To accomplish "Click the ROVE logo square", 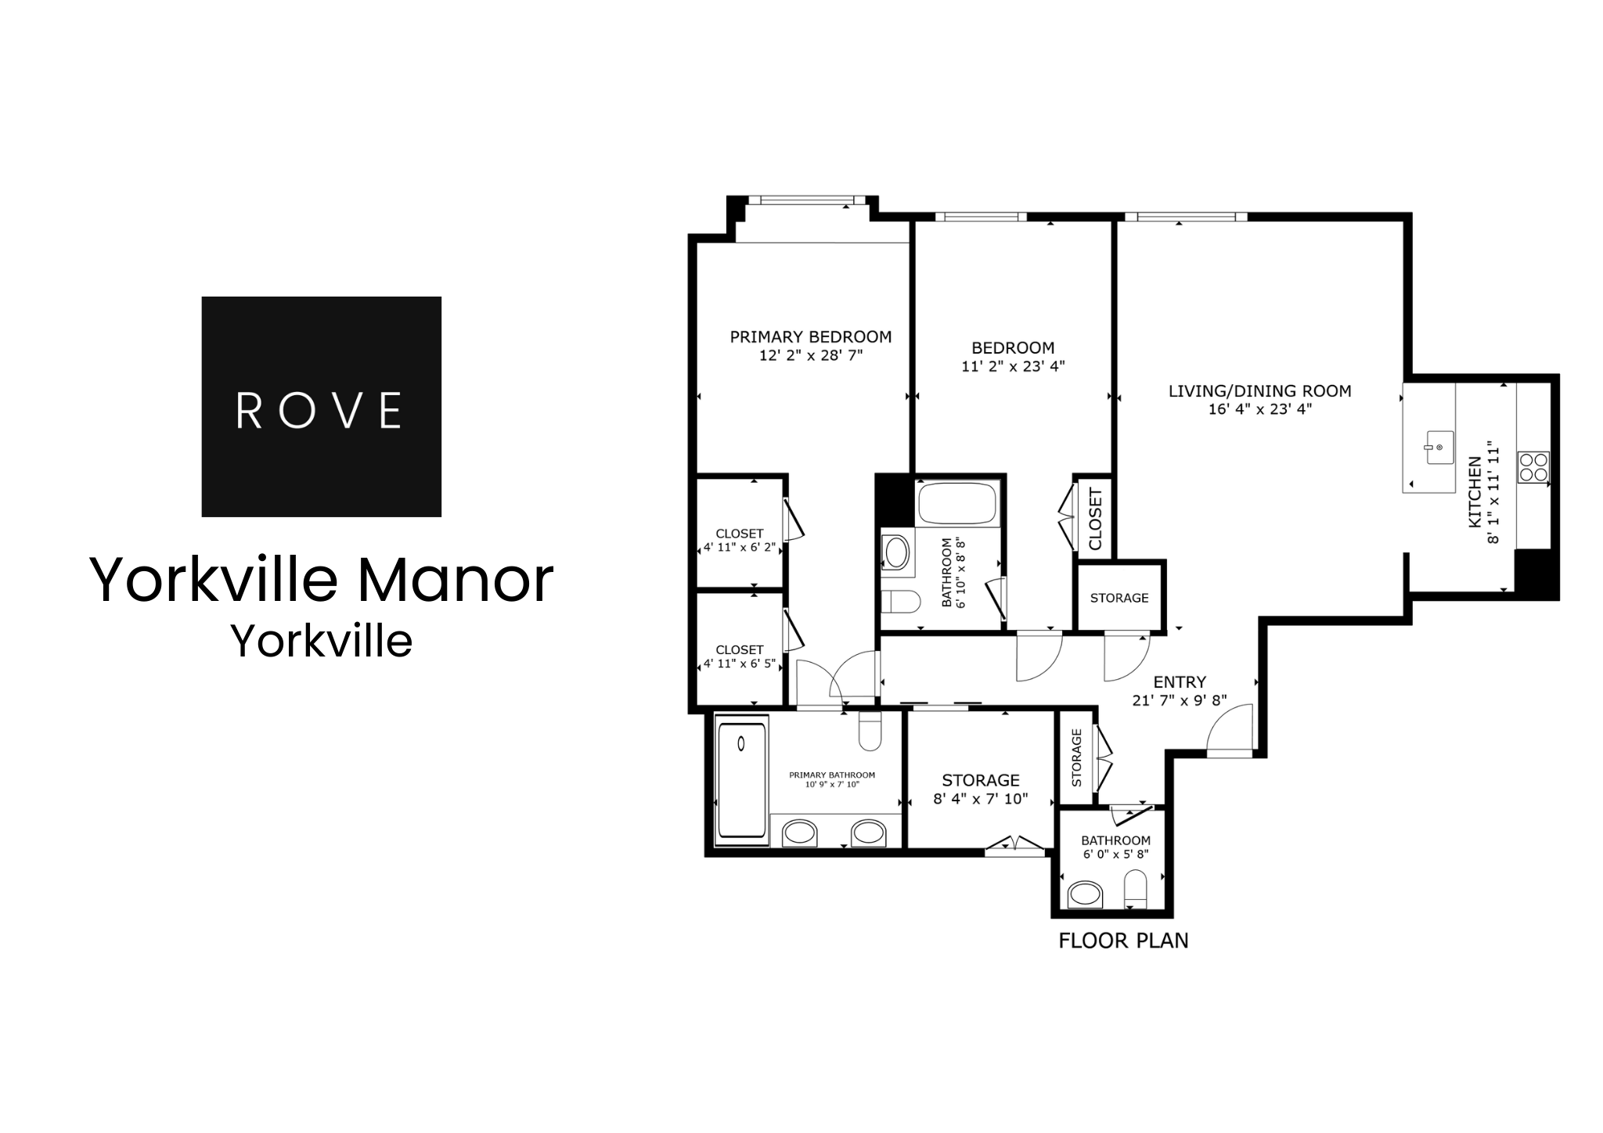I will (x=321, y=406).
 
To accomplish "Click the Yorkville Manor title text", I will (x=322, y=580).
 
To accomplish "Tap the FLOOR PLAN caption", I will (x=1123, y=941).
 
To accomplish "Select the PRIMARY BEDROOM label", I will (x=811, y=337).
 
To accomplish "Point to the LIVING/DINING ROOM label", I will (x=1259, y=391).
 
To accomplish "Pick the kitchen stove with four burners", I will (x=1533, y=467).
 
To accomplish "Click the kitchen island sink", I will (x=1439, y=448).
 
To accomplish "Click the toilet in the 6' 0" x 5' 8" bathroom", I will (x=1135, y=891).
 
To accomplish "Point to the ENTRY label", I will (x=1180, y=682).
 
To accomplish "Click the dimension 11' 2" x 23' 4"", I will (x=1013, y=365).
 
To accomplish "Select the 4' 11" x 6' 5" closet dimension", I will (x=740, y=664).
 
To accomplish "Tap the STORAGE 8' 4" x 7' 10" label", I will (x=981, y=781).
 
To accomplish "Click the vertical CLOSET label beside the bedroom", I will (x=1095, y=519).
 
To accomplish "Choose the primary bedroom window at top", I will (x=805, y=201).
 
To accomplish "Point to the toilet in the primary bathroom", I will (x=870, y=731).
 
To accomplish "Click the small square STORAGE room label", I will (x=1119, y=598).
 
